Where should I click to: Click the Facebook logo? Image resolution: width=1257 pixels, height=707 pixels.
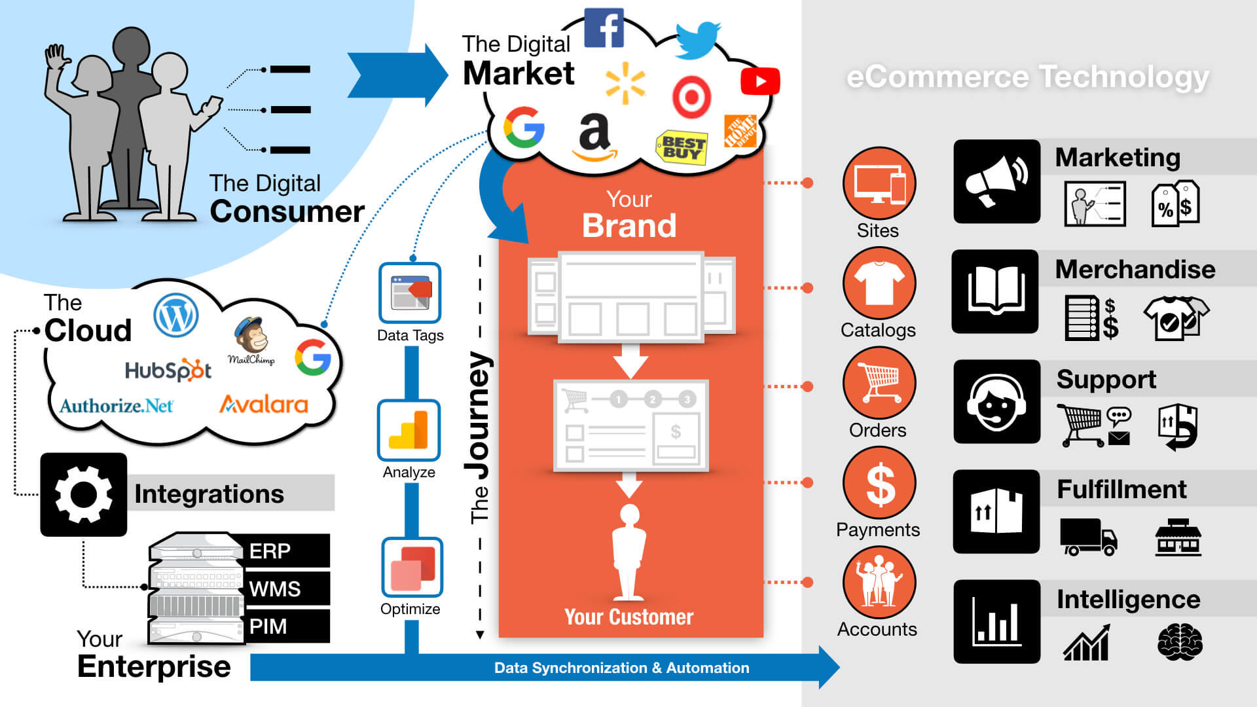pos(604,27)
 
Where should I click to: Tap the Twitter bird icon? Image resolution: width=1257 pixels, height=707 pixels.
pos(698,39)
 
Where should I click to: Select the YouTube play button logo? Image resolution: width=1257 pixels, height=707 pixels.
pos(759,82)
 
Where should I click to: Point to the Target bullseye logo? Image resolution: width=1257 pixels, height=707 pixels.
pos(691,98)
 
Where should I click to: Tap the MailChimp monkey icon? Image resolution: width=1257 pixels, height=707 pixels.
pos(251,336)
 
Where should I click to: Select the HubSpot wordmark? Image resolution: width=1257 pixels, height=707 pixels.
pos(168,371)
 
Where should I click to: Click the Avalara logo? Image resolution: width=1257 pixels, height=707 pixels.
pos(264,405)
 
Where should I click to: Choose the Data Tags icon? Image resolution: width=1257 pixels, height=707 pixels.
pos(410,293)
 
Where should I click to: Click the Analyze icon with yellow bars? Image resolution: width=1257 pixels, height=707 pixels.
pos(409,430)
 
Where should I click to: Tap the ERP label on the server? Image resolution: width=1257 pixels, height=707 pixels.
pos(270,551)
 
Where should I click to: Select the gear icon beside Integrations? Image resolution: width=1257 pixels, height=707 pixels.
pos(84,495)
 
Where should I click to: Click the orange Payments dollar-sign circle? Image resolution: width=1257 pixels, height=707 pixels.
pos(879,483)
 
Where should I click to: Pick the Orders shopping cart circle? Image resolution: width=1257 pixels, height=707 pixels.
pos(879,384)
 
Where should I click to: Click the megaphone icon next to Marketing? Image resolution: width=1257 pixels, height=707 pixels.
pos(996,181)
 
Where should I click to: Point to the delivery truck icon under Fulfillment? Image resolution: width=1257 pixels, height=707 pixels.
pos(1087,537)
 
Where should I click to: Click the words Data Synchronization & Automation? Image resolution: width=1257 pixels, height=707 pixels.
pos(621,668)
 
